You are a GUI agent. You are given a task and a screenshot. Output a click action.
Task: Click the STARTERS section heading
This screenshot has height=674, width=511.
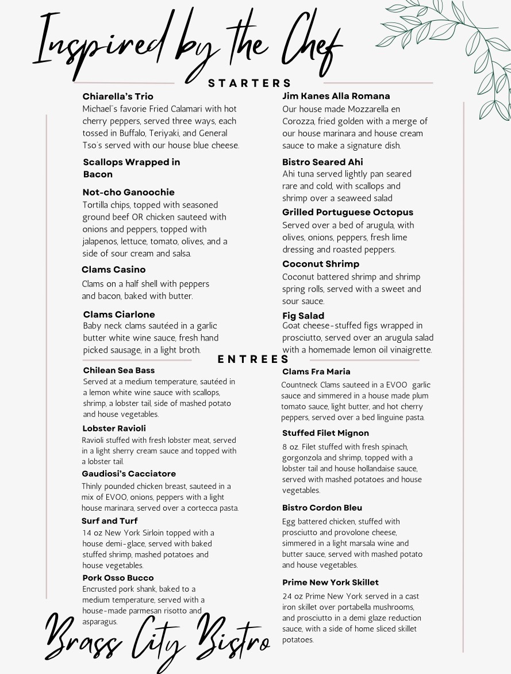(249, 83)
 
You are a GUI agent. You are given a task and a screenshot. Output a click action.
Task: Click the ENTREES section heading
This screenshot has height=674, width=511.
(253, 359)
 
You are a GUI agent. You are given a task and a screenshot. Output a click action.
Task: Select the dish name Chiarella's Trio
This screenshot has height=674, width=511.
(118, 96)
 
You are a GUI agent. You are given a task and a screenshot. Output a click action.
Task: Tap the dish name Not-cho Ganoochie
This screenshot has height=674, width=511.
(128, 192)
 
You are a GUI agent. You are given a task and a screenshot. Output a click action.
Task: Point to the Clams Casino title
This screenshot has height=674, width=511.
(113, 269)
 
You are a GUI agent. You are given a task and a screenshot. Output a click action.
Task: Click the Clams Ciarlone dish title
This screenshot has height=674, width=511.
(119, 314)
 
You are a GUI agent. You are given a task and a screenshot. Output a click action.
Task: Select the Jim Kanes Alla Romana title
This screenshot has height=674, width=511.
(336, 96)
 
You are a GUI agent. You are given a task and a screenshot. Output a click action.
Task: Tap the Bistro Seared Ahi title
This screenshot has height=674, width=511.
(322, 162)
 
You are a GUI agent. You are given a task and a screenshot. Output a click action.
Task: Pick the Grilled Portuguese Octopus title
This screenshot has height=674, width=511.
(347, 212)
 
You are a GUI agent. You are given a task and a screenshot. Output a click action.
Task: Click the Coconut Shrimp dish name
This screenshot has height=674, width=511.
(320, 264)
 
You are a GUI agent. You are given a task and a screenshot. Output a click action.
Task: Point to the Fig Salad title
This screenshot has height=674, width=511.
(303, 316)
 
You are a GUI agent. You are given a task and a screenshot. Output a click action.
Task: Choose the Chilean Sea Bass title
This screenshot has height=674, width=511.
(118, 370)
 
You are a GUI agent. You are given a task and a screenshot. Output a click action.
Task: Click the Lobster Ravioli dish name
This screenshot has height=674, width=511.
(114, 428)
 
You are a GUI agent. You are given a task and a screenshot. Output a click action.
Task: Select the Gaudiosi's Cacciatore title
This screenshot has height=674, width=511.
(129, 474)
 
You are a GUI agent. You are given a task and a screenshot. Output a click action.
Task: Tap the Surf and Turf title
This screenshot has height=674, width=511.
(109, 521)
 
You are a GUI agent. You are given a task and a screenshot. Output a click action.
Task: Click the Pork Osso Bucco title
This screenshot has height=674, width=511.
(118, 577)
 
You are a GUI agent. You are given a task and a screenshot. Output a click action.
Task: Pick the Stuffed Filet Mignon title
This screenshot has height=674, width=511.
(325, 433)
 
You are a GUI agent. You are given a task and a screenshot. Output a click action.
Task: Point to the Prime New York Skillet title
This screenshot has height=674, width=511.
(330, 583)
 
